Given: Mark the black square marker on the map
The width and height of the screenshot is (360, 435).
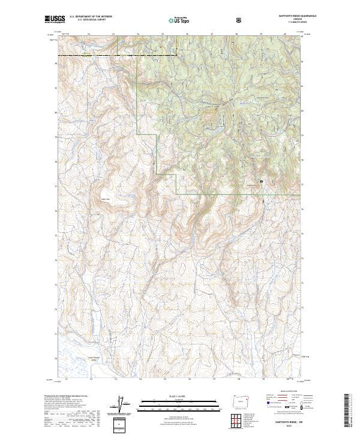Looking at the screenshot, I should [261, 181].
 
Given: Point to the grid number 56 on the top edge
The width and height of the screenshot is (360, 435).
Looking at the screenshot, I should [188, 34].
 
